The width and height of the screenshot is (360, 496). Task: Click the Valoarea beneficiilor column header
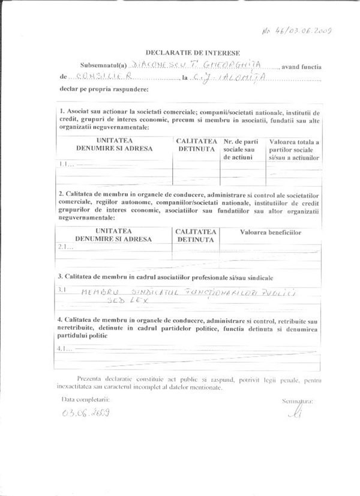[270, 231]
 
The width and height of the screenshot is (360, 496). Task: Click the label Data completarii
[85, 399]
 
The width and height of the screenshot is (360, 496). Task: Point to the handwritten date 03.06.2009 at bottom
[86, 413]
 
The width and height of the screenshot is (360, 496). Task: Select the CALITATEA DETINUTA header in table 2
[196, 235]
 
